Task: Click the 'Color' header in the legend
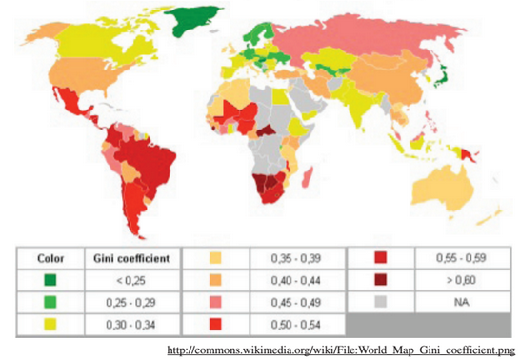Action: tap(50, 257)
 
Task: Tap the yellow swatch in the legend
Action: tap(50, 323)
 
